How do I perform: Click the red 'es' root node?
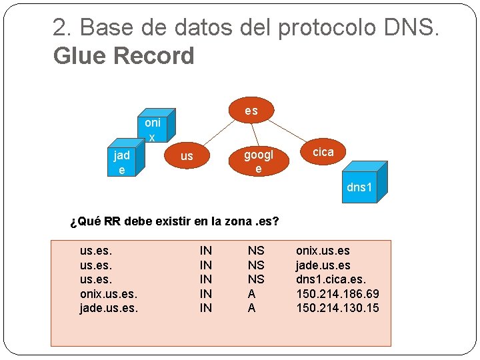tap(251, 111)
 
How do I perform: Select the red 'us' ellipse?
tap(187, 156)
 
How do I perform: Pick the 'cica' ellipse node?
tap(323, 152)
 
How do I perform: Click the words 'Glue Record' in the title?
tap(123, 56)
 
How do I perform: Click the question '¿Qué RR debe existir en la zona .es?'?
tap(174, 221)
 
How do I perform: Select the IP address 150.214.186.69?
tap(337, 293)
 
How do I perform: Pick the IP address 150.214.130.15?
tap(337, 307)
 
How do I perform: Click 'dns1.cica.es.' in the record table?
tap(331, 279)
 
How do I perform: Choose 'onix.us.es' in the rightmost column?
tap(323, 251)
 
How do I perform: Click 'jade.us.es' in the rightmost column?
tap(323, 265)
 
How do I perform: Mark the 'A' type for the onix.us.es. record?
tap(251, 293)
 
